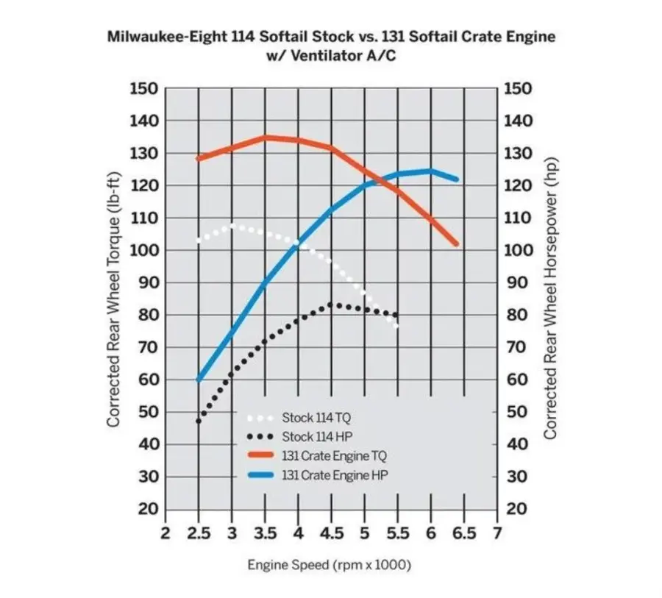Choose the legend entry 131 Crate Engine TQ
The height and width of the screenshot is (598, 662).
point(333,456)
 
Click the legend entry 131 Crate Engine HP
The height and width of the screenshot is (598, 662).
point(333,475)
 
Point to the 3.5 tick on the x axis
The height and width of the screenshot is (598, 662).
point(265,533)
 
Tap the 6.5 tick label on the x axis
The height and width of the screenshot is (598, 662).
point(464,533)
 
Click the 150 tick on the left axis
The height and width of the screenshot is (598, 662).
point(143,89)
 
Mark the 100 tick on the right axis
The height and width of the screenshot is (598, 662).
point(518,250)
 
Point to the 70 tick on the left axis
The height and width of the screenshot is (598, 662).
point(146,347)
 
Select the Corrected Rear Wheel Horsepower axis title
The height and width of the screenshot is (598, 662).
point(550,299)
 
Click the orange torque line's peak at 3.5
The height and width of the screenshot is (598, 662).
point(265,138)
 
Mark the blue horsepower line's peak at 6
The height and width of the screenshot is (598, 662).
point(431,171)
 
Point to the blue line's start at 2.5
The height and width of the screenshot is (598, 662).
point(199,380)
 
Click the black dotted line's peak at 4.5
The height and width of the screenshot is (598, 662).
point(332,304)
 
